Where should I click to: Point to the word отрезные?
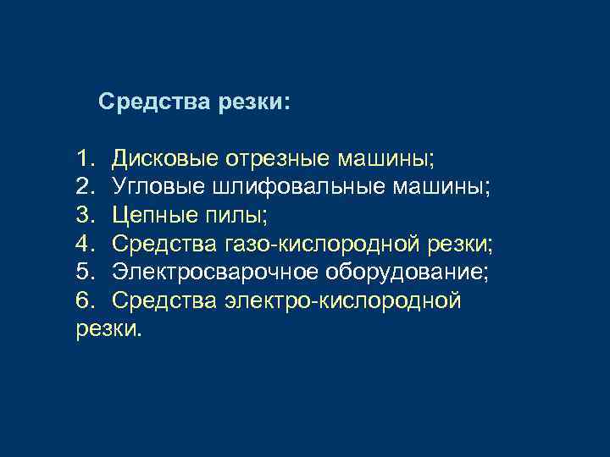click(x=269, y=157)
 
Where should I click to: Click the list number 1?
click(x=84, y=157)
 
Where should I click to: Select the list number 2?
click(x=84, y=186)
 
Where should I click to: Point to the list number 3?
click(x=84, y=215)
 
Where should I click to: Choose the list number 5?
click(x=84, y=273)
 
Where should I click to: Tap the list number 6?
click(x=84, y=300)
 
